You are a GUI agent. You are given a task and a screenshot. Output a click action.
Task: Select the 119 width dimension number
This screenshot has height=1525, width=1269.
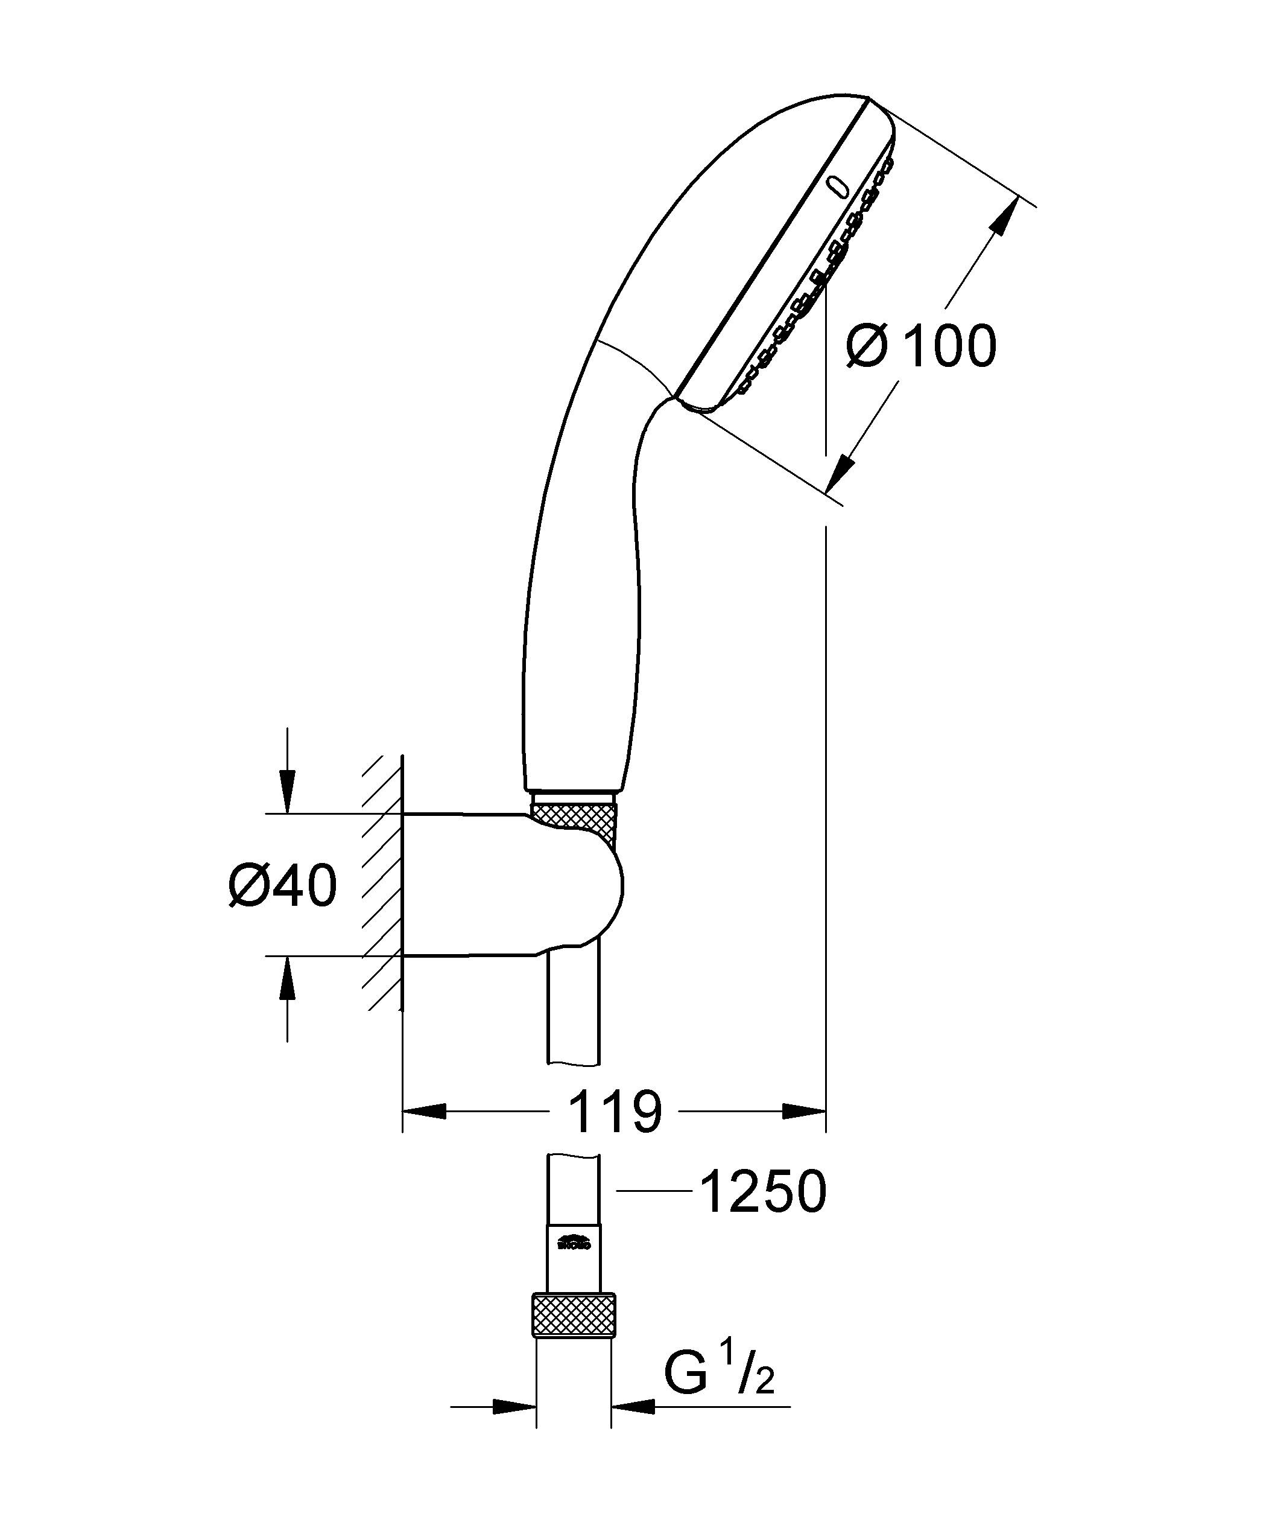point(615,1132)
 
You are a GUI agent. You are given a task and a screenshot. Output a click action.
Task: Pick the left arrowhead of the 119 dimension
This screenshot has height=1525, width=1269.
point(425,1132)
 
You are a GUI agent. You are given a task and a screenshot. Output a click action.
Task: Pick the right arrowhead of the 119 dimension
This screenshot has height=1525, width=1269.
point(805,1132)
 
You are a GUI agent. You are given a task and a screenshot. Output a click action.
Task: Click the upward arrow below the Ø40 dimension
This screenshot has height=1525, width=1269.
point(288,976)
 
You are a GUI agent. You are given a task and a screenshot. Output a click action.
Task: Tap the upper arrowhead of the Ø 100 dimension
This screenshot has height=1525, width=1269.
point(1002,218)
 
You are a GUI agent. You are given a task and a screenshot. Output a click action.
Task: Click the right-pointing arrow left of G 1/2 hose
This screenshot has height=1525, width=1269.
point(514,1428)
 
